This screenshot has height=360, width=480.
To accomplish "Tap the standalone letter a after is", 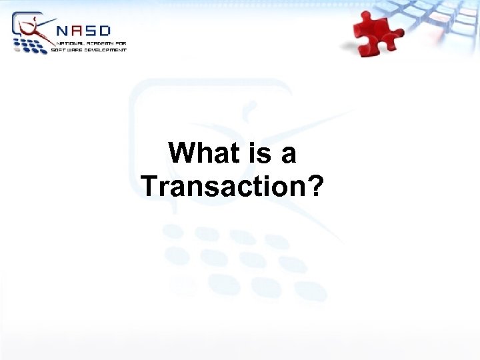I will [x=288, y=155].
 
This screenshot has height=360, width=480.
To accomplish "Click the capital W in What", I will [x=181, y=153].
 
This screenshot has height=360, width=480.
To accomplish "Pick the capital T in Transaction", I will [x=149, y=186].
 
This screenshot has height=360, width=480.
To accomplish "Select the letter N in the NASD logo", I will [x=63, y=31].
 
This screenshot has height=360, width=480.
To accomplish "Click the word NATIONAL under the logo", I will [x=69, y=43].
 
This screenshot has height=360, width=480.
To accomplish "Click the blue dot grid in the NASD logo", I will [x=30, y=45].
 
